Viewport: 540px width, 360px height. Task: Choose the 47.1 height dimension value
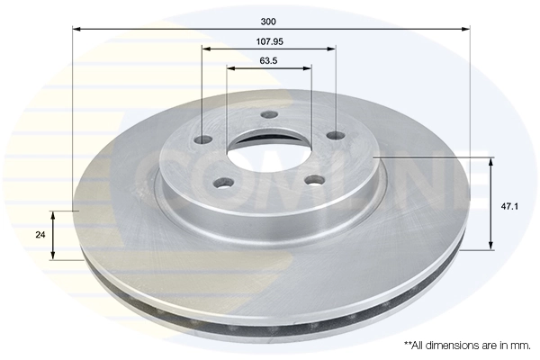click(x=508, y=206)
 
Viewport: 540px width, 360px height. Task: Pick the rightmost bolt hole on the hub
click(x=336, y=135)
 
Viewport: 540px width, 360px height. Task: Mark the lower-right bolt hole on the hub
click(x=313, y=180)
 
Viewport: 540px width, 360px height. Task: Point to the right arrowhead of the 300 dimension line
click(x=467, y=28)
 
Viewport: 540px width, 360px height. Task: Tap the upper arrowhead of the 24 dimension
click(x=54, y=215)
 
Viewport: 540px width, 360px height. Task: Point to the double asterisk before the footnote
click(x=407, y=344)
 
